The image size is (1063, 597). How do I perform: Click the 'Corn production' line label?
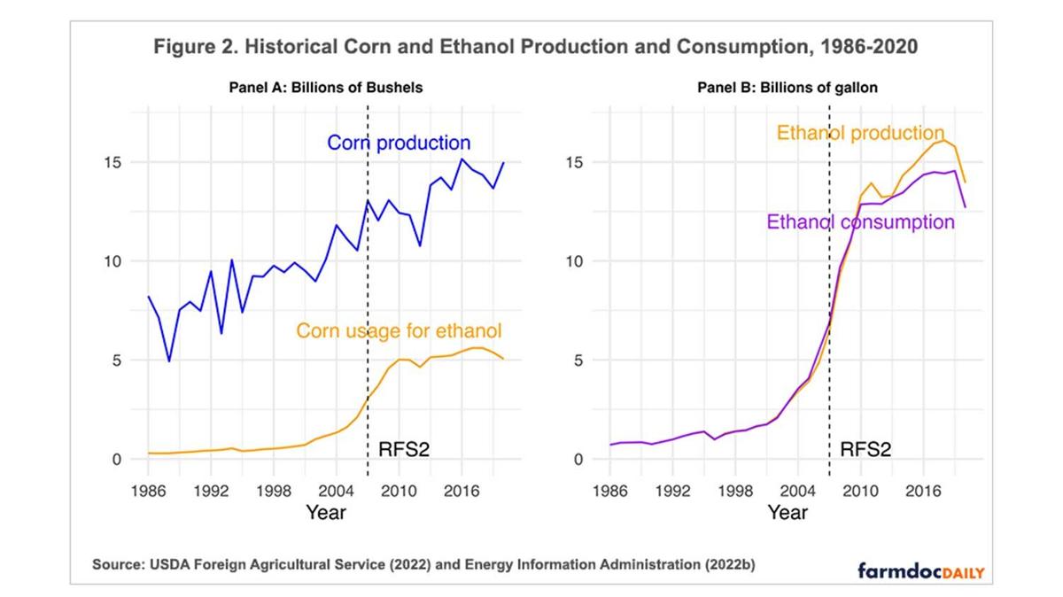point(399,143)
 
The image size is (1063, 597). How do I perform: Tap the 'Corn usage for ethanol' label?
point(399,331)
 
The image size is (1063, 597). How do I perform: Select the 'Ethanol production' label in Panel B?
point(861,134)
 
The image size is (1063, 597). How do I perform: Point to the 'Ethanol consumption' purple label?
point(861,221)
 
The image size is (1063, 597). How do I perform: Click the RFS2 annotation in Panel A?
point(404,448)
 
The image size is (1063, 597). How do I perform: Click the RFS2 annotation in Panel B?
point(865,448)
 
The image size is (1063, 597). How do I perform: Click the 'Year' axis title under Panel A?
point(326,512)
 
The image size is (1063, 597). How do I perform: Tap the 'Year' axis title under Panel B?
point(788,512)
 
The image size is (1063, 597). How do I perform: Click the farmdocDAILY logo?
point(920,570)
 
